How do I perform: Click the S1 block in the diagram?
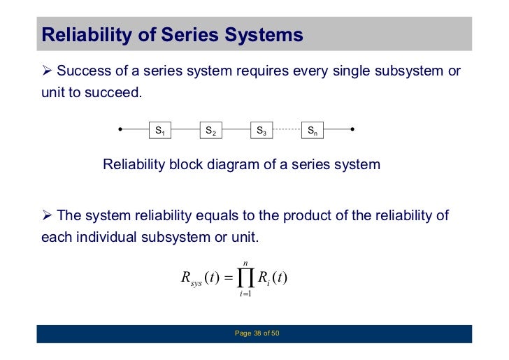(159, 130)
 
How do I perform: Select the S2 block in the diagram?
(210, 130)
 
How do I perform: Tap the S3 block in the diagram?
(261, 130)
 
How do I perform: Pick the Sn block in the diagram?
(312, 130)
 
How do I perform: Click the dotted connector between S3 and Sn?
(286, 130)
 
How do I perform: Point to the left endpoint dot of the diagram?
(121, 130)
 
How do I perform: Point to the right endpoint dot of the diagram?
(352, 130)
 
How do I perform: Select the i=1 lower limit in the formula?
(245, 294)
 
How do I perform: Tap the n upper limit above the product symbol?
(245, 263)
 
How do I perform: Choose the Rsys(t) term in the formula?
(199, 279)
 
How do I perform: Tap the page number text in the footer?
(257, 333)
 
